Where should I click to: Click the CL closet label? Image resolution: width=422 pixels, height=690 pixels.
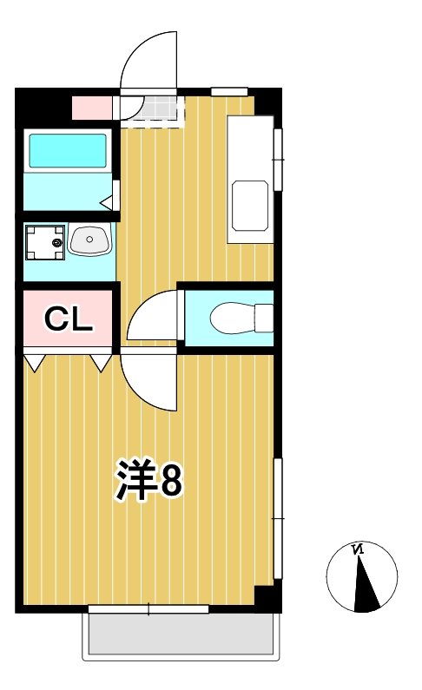pyautogui.click(x=68, y=320)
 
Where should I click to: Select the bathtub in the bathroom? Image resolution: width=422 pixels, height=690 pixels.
pyautogui.click(x=68, y=150)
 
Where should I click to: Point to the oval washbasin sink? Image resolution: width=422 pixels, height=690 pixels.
pyautogui.click(x=89, y=240)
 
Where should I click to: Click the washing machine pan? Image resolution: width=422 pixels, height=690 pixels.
pyautogui.click(x=43, y=242)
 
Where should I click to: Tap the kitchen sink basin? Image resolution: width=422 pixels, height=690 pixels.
pyautogui.click(x=249, y=206)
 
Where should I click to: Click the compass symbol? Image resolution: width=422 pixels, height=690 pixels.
pyautogui.click(x=361, y=577)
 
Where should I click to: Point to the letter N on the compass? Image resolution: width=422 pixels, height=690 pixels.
pyautogui.click(x=358, y=549)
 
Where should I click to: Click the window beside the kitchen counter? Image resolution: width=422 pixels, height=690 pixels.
pyautogui.click(x=279, y=159)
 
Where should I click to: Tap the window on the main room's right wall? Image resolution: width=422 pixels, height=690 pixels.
pyautogui.click(x=279, y=518)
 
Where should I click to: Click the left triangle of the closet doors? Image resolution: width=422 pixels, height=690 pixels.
pyautogui.click(x=34, y=362)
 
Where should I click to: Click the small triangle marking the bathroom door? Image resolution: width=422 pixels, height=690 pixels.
pyautogui.click(x=107, y=203)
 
